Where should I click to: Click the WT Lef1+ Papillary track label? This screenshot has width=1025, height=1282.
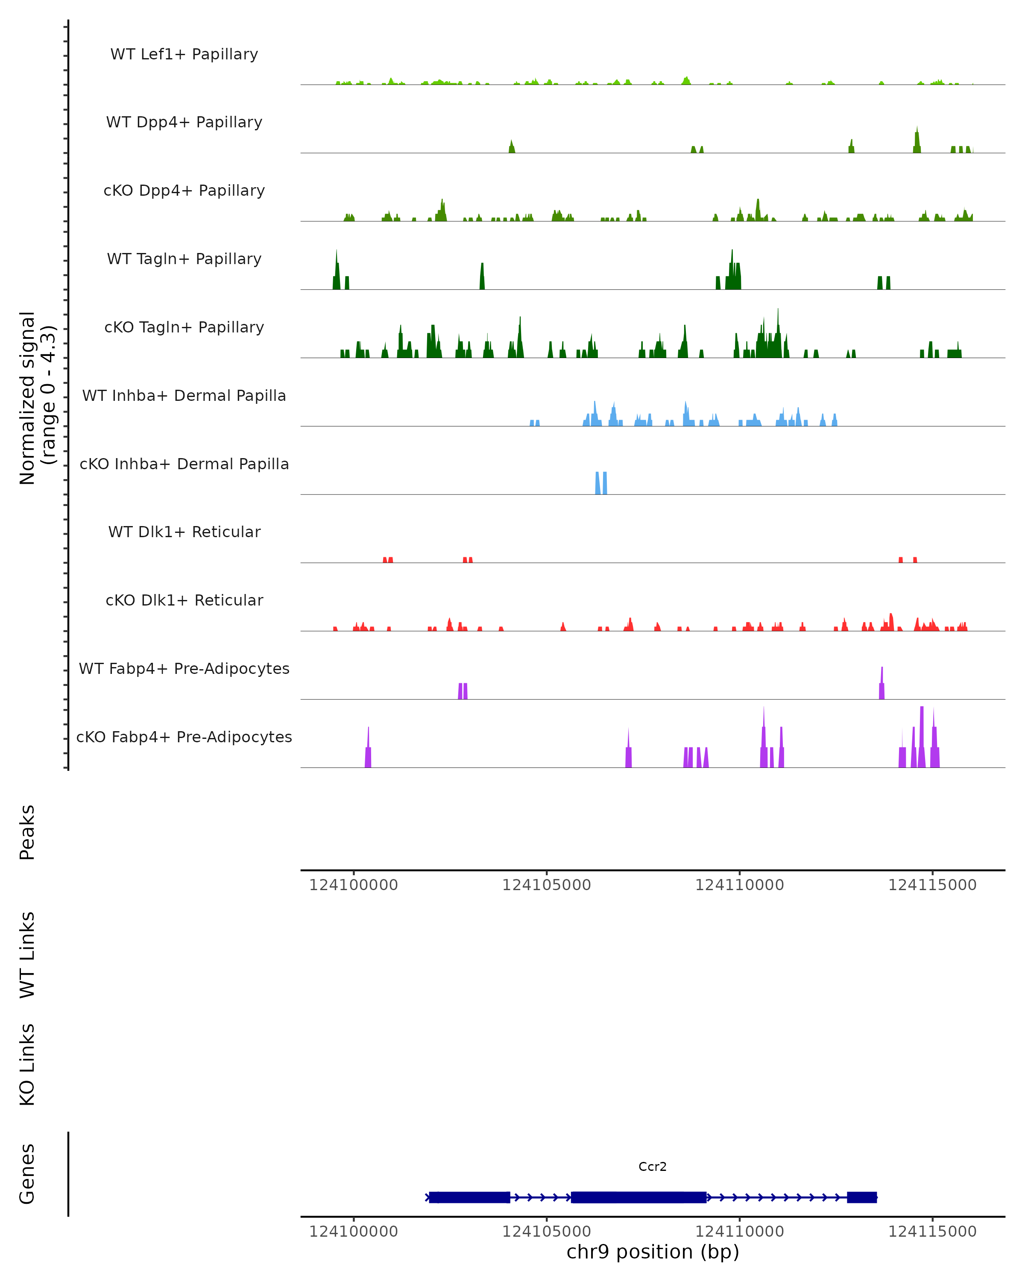click(184, 54)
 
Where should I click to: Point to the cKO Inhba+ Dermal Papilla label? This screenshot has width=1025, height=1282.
click(184, 464)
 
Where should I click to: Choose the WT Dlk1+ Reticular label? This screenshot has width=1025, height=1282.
click(184, 532)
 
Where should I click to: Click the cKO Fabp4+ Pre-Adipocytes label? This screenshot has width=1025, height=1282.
click(184, 737)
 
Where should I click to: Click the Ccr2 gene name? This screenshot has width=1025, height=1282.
click(653, 1167)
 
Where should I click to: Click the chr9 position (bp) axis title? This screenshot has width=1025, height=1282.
click(653, 1252)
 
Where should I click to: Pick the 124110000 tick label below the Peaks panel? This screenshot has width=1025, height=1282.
click(739, 885)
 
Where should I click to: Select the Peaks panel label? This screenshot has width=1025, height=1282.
click(27, 832)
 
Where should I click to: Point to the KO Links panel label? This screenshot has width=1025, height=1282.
click(27, 1064)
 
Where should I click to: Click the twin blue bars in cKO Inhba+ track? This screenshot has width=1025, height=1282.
click(601, 483)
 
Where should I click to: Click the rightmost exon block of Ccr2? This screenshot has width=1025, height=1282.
click(861, 1197)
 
